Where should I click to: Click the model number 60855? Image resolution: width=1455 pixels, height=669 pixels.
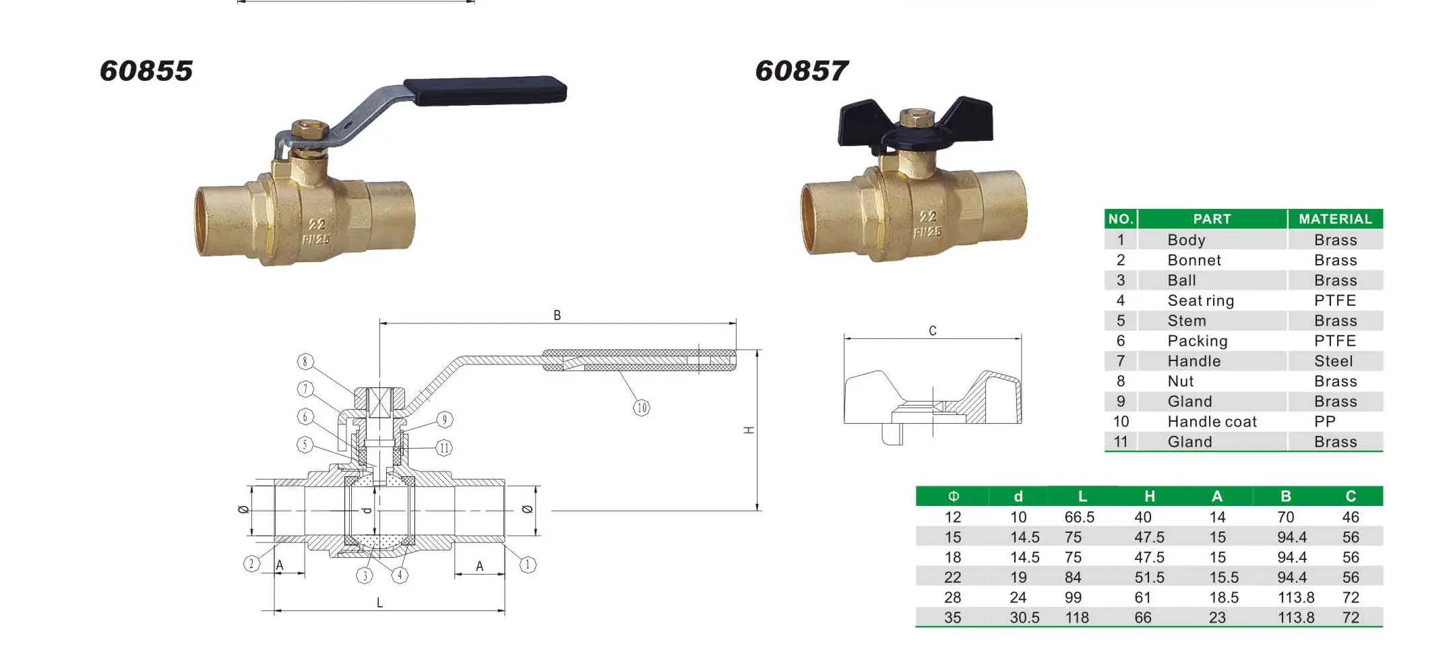(146, 71)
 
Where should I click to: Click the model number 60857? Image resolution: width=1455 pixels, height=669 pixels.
(802, 71)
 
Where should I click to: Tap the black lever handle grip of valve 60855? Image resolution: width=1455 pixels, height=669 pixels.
(485, 91)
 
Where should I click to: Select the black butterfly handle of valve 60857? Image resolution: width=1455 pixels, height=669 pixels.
(915, 125)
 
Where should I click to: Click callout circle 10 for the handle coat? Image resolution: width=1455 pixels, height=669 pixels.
(642, 408)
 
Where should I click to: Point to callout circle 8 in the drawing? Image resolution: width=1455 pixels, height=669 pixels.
(305, 362)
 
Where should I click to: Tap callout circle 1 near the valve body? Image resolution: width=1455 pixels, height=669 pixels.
(528, 565)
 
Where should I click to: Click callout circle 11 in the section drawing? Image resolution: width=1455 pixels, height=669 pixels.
(444, 448)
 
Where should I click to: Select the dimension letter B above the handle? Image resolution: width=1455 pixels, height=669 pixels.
(557, 315)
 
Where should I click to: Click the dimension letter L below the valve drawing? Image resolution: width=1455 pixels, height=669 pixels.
(379, 602)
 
